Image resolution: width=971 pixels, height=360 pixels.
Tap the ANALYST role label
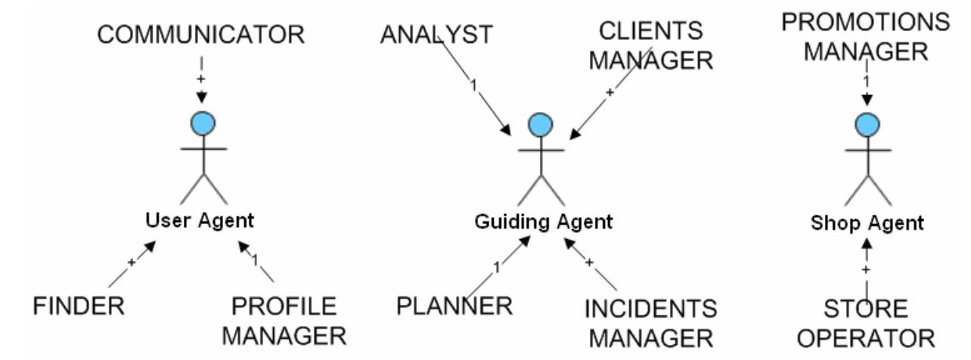coord(436,35)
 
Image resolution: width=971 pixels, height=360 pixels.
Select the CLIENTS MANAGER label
coord(650,46)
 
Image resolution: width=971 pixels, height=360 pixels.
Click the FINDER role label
coord(79,307)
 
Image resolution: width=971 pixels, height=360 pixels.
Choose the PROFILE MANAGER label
coord(284,319)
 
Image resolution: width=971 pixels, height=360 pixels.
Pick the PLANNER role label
coord(454,306)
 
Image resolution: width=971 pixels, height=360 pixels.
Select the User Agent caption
coord(200,221)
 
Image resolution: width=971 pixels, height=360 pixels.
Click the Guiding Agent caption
coord(542,222)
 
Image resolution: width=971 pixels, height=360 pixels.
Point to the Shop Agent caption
coord(867,223)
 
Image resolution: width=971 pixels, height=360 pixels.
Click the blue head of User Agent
coord(200,123)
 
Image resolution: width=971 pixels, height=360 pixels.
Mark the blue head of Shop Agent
coord(867,123)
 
